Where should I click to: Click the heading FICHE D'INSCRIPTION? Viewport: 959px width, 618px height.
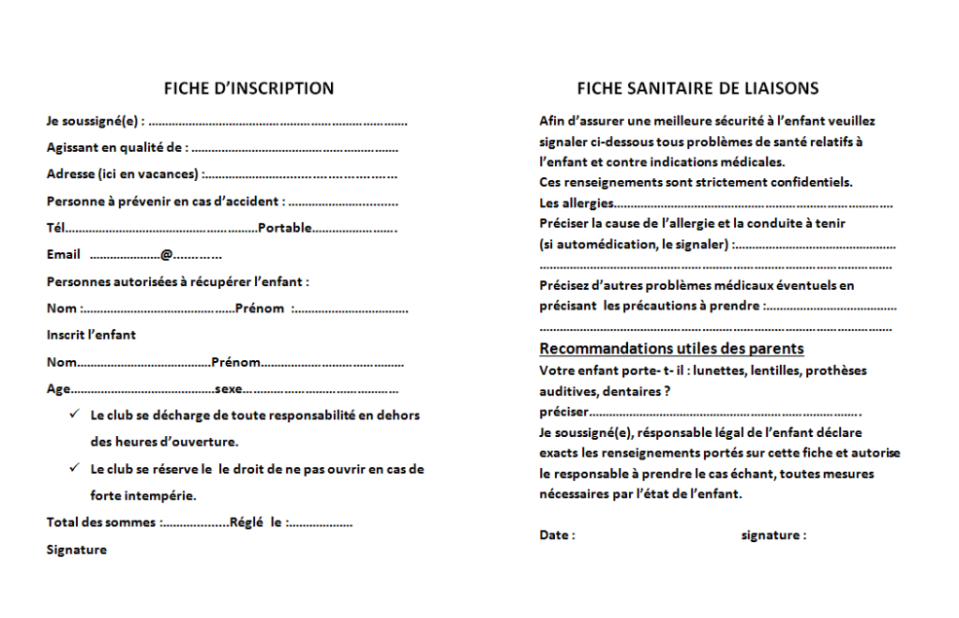point(248,89)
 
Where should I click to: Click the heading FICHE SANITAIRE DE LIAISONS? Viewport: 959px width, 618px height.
point(697,89)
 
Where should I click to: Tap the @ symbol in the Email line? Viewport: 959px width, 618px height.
point(165,255)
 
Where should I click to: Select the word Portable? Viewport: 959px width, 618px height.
point(284,228)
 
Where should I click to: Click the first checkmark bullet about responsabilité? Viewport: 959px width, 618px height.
point(73,415)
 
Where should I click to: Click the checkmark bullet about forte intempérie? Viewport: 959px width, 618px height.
point(73,468)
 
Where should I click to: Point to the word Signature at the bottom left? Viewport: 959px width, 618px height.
point(76,550)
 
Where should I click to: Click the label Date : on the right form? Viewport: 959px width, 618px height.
point(557,535)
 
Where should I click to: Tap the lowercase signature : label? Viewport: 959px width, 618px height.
point(772,535)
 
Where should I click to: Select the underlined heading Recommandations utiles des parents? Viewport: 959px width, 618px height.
point(671,349)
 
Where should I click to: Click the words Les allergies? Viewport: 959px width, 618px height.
point(577,203)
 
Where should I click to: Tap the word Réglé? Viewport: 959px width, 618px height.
point(247,522)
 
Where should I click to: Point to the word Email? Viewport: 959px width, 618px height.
point(64,255)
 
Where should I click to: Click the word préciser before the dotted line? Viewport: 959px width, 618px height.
point(564,411)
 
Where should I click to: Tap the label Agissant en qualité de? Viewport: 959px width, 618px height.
point(117,147)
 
